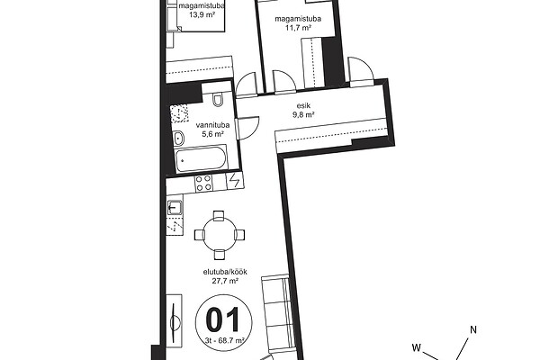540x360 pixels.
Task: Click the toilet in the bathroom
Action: point(218,100)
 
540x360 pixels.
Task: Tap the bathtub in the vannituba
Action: point(201,159)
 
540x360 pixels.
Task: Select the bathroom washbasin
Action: point(178,139)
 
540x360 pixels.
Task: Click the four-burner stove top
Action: point(203,184)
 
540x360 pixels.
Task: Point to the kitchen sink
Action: point(175,207)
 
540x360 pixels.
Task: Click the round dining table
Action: point(219,235)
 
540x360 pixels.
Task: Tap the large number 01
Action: point(223,320)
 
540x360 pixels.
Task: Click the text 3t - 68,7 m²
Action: point(224,341)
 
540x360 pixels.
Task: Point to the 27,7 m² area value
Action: point(225,281)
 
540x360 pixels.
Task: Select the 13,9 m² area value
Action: point(202,14)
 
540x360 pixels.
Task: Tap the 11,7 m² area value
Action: point(298,28)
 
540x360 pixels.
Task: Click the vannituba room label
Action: point(212,125)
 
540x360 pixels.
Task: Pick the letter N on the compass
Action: point(473,329)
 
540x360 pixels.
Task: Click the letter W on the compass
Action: point(417,347)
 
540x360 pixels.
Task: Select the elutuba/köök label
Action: point(225,272)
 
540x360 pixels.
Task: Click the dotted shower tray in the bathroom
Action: point(179,113)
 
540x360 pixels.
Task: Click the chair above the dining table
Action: point(219,216)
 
